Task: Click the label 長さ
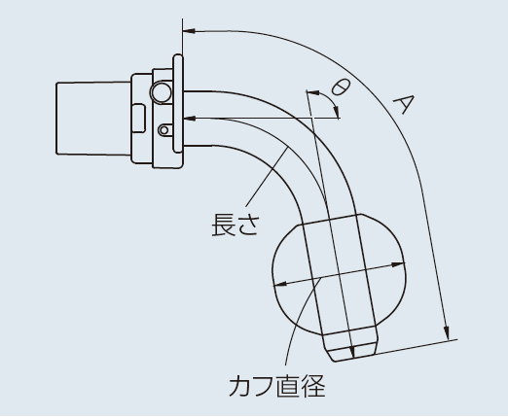[236, 225]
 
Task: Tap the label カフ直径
[277, 386]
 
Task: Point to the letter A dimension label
[405, 104]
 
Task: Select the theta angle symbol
[341, 87]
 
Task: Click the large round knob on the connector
[161, 92]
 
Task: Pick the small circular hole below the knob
[164, 130]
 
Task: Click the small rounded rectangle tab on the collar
[139, 119]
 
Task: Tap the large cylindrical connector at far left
[93, 119]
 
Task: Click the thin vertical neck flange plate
[178, 104]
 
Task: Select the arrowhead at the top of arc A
[189, 31]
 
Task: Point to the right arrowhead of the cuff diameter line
[398, 264]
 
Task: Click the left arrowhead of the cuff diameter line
[281, 284]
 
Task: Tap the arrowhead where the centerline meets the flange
[190, 119]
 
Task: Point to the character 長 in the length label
[223, 225]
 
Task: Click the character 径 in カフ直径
[313, 386]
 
